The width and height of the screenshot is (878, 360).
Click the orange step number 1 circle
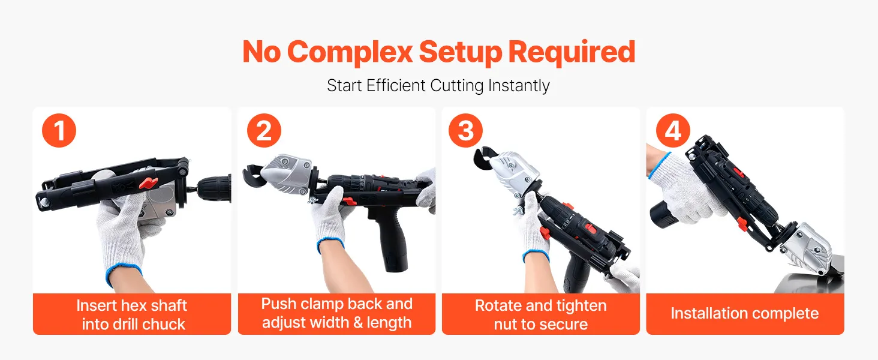59,131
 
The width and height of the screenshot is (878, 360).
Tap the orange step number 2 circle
264,131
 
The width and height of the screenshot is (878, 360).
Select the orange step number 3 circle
466,131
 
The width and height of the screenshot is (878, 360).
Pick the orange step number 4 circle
673,131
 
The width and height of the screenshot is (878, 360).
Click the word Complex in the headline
350,53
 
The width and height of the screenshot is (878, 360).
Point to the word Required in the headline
572,52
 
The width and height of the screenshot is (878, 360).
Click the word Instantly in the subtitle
519,86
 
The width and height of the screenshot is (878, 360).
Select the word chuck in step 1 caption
164,325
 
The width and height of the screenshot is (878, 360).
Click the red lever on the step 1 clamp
149,182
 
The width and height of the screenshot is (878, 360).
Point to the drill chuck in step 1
214,188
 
